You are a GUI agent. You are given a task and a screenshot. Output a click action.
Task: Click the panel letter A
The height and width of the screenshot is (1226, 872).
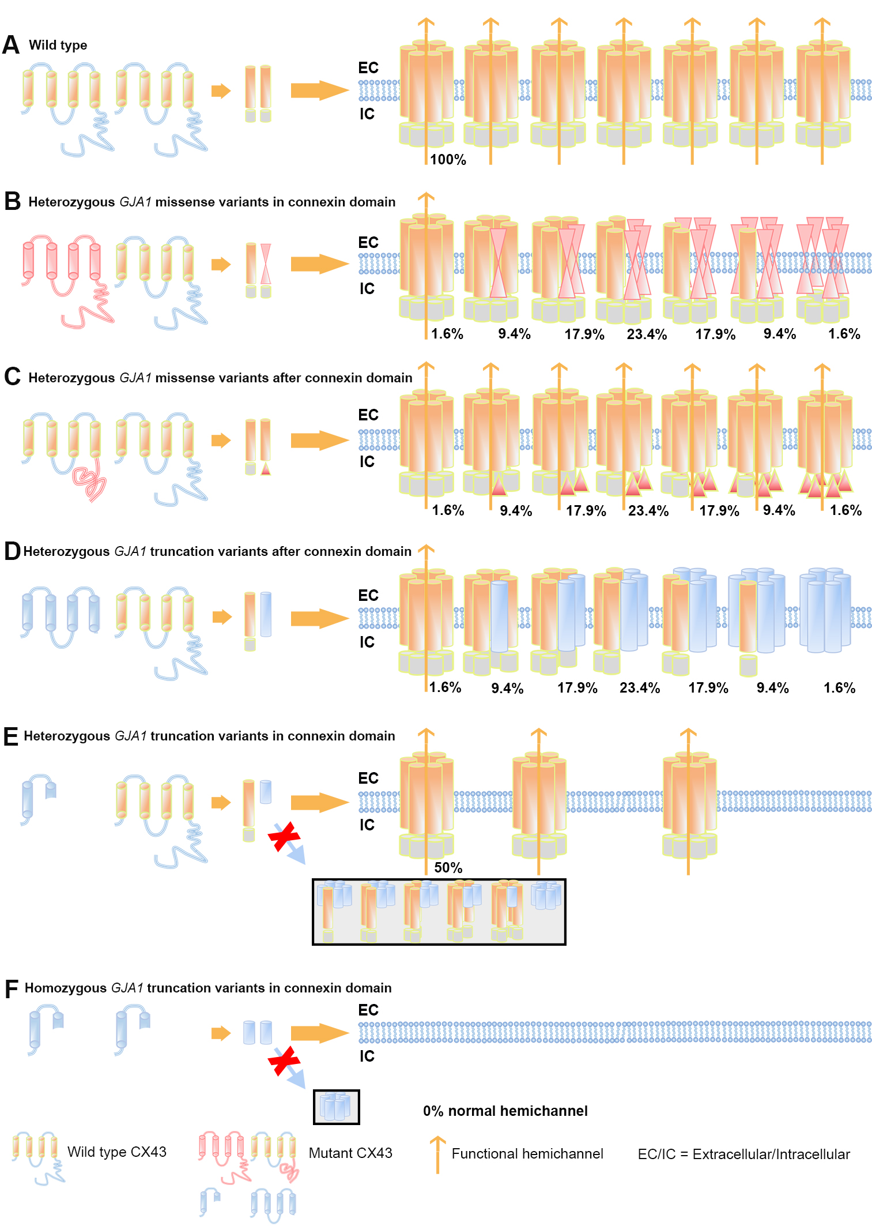pyautogui.click(x=11, y=45)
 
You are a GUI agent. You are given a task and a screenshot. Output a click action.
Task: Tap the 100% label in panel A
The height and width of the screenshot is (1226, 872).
pyautogui.click(x=448, y=160)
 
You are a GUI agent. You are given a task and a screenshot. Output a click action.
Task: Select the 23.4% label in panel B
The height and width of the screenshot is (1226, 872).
pyautogui.click(x=647, y=334)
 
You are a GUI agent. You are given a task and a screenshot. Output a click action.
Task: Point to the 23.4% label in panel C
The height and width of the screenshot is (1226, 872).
pyautogui.click(x=648, y=511)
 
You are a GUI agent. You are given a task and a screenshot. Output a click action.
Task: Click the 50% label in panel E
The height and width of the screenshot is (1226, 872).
pyautogui.click(x=448, y=868)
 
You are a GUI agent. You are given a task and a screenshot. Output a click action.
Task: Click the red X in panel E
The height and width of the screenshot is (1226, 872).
pyautogui.click(x=284, y=836)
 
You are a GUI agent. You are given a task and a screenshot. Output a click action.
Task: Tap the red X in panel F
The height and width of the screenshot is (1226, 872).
pyautogui.click(x=284, y=1060)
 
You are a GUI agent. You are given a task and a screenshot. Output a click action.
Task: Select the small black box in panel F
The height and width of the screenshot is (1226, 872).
pyautogui.click(x=336, y=1107)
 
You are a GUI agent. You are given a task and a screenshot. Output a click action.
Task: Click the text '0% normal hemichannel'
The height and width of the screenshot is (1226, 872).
pyautogui.click(x=505, y=1111)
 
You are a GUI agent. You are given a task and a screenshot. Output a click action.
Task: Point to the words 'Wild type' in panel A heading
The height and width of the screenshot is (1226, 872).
pyautogui.click(x=58, y=46)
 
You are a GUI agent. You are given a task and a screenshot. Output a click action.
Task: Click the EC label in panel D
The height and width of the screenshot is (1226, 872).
pyautogui.click(x=368, y=596)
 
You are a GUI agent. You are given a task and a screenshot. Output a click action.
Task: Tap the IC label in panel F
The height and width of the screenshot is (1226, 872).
pyautogui.click(x=367, y=1056)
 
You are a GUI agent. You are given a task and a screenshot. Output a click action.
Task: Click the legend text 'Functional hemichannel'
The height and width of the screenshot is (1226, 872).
pyautogui.click(x=527, y=1154)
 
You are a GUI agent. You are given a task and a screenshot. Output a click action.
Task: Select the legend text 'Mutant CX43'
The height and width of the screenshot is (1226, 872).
pyautogui.click(x=350, y=1153)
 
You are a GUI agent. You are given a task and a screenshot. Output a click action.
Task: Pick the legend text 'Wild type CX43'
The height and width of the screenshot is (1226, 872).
pyautogui.click(x=116, y=1152)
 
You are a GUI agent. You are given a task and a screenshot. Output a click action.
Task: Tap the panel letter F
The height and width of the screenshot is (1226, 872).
pyautogui.click(x=11, y=990)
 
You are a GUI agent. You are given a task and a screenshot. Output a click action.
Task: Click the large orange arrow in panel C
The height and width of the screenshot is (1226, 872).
pyautogui.click(x=319, y=440)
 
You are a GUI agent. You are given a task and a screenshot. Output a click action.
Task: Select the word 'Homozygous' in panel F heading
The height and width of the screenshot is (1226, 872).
pyautogui.click(x=65, y=988)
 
